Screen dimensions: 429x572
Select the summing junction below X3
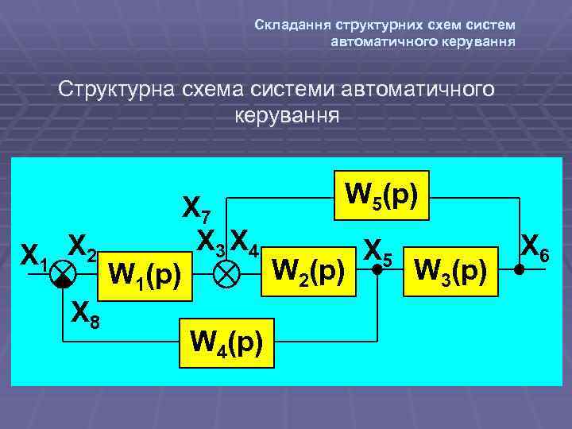(230, 275)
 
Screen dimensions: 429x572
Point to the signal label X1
(34, 254)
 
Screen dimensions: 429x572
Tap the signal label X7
(197, 209)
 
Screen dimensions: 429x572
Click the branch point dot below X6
(518, 270)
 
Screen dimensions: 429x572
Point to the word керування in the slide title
(287, 116)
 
